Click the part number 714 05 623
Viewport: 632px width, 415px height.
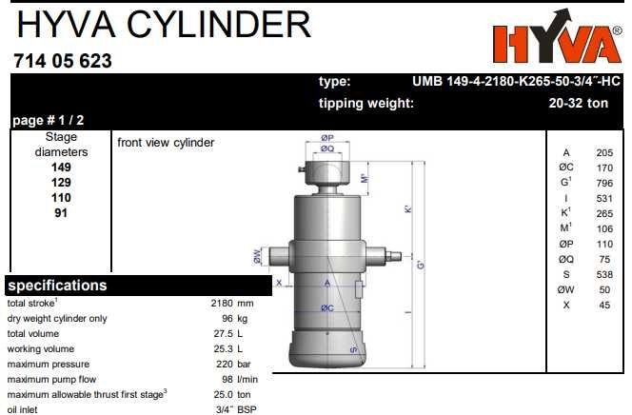(x=63, y=61)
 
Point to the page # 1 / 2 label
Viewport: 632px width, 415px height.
(x=48, y=121)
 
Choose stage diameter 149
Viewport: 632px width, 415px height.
(x=61, y=167)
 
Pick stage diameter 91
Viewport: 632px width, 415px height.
(x=61, y=212)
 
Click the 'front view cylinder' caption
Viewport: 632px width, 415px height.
(x=166, y=143)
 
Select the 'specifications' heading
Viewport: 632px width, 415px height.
(x=57, y=286)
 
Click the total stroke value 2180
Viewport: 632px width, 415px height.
(x=221, y=303)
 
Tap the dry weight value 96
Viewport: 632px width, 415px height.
(x=227, y=318)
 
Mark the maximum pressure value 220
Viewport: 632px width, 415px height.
(x=224, y=364)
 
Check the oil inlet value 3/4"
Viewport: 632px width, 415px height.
(x=224, y=409)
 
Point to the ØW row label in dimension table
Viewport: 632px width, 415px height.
(x=566, y=289)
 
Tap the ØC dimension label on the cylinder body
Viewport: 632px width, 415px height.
(x=326, y=307)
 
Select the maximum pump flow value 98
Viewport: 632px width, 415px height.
(x=227, y=379)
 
